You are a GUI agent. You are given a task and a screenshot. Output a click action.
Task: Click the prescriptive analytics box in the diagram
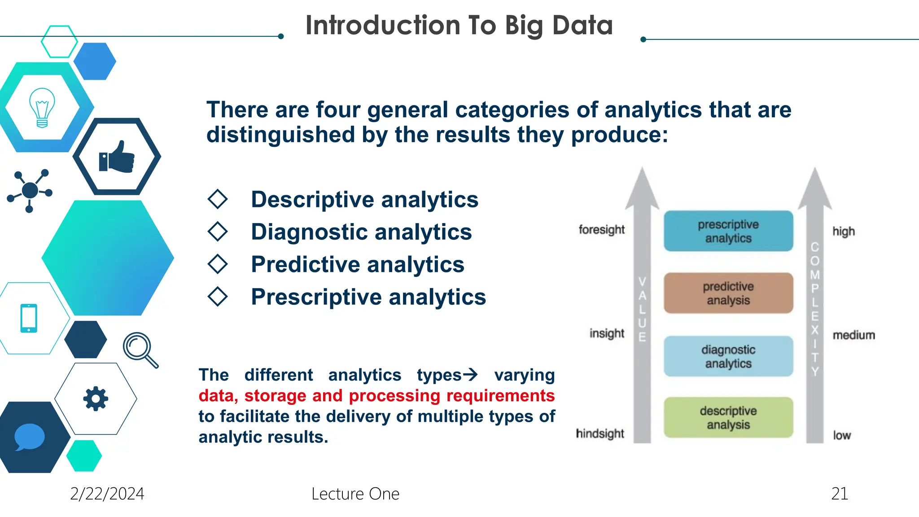tap(728, 231)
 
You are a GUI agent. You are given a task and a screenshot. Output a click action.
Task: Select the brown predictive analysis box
tap(728, 293)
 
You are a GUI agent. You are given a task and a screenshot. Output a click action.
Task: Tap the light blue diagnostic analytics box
tap(728, 356)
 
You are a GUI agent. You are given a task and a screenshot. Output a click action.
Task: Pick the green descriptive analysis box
tap(728, 417)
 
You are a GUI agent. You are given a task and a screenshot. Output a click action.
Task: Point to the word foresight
tap(601, 230)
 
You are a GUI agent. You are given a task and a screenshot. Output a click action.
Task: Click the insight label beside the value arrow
tap(607, 333)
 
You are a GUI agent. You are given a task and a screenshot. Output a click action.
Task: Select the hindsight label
tap(600, 434)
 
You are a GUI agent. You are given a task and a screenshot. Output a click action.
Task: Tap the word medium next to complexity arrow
tap(853, 335)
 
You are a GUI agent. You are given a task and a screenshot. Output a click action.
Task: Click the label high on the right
tap(843, 232)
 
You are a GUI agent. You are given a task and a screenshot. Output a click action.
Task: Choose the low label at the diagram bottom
tap(842, 435)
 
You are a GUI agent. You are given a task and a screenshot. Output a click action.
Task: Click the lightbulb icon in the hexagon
tap(42, 108)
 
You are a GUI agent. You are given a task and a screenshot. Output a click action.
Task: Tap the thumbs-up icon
tap(117, 157)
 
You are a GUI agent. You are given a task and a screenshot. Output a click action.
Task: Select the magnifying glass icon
tap(140, 350)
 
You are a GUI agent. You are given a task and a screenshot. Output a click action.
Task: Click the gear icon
tap(96, 399)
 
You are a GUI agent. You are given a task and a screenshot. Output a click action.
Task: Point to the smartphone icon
tap(29, 318)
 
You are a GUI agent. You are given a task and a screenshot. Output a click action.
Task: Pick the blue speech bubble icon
tap(29, 437)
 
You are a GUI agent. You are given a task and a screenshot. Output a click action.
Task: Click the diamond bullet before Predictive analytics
tap(218, 264)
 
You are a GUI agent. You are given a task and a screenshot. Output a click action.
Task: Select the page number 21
tap(839, 494)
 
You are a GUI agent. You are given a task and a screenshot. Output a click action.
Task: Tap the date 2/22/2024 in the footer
tap(107, 494)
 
